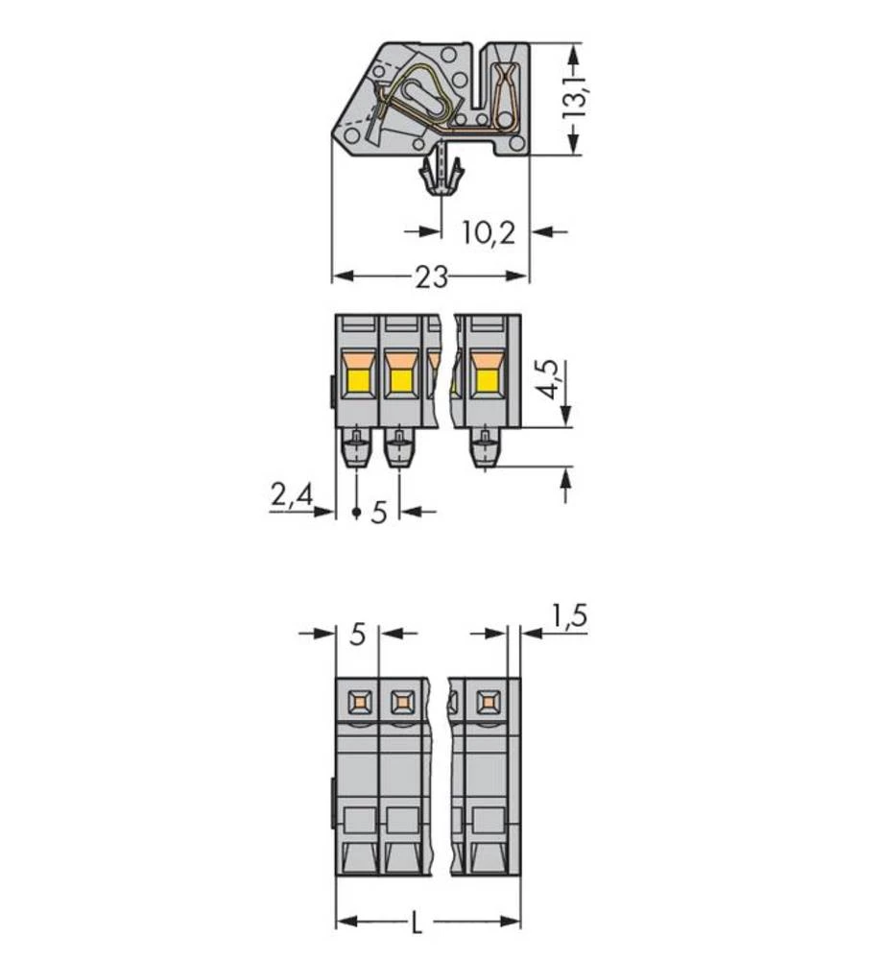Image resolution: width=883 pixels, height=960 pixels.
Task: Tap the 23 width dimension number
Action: click(432, 277)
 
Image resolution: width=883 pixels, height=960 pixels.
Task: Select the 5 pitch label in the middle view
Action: click(378, 513)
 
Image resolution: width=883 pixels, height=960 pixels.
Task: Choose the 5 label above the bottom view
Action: click(358, 635)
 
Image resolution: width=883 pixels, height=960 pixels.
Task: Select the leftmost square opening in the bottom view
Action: click(359, 704)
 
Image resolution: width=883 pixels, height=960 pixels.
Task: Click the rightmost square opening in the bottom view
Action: click(489, 704)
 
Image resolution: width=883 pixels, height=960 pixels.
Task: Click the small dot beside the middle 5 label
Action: click(357, 513)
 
